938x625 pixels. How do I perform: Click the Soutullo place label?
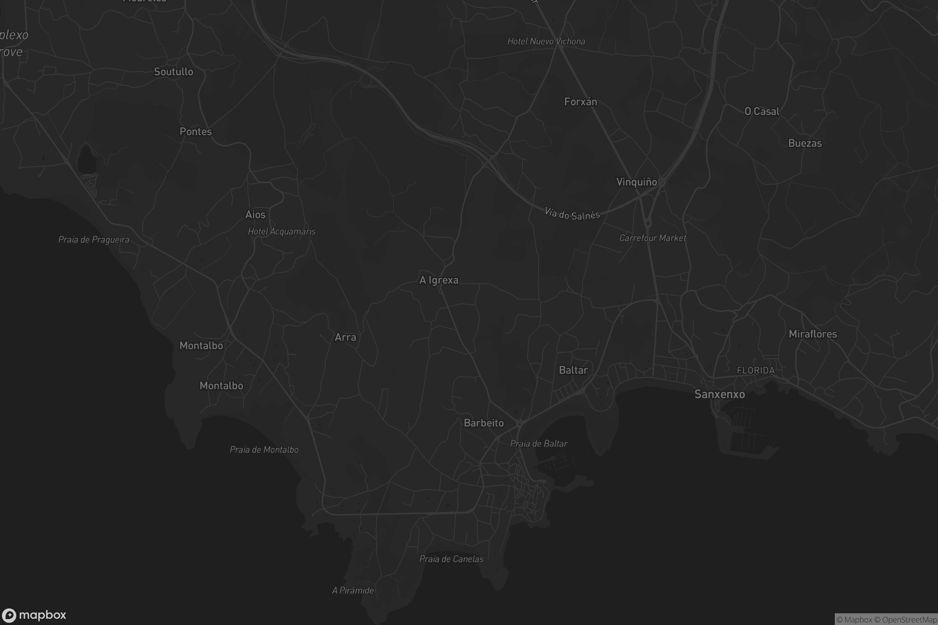pos(174,72)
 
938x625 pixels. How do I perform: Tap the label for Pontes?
pos(195,132)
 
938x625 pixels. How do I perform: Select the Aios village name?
pos(255,214)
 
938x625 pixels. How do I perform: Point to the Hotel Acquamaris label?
pos(281,232)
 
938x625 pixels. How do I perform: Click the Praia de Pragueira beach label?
pos(94,239)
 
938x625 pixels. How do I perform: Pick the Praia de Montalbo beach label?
pos(264,450)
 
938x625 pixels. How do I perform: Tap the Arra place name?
pos(345,337)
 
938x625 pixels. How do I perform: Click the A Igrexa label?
pos(439,280)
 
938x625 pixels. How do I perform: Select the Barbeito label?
pos(484,423)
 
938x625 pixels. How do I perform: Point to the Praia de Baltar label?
pos(539,444)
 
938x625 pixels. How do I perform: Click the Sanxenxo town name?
pos(720,394)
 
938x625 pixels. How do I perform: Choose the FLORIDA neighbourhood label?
pos(756,370)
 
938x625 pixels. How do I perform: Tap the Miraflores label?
pos(813,334)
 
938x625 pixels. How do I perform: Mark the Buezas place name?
pos(805,143)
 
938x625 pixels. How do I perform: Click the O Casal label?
pos(762,112)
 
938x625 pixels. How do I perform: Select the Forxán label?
pos(581,102)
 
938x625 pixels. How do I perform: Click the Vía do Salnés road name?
pos(572,214)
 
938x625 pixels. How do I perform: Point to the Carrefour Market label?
pos(652,238)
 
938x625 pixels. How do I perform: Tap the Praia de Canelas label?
pos(451,559)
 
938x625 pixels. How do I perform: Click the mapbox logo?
pos(34,615)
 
